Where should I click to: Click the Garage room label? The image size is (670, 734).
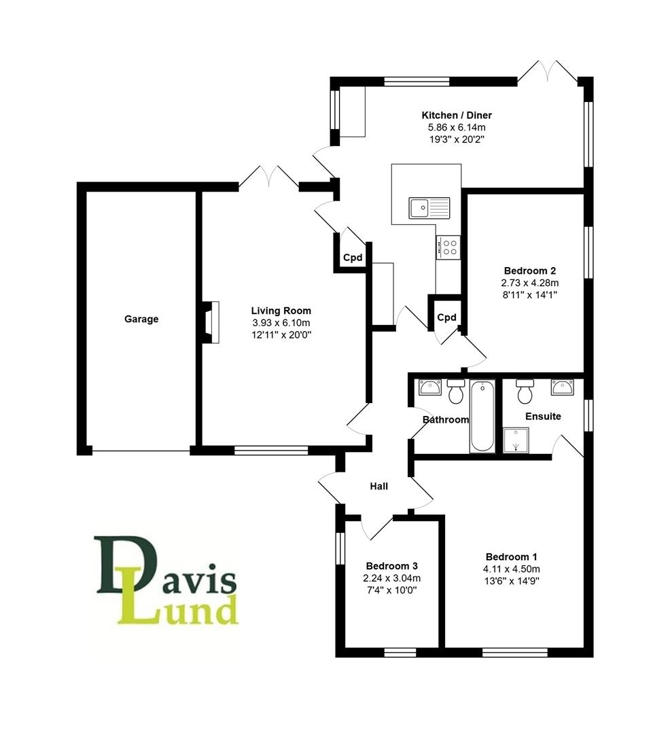tap(141, 319)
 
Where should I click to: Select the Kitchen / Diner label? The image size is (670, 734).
tap(457, 115)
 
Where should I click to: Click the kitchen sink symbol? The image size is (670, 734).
tap(429, 207)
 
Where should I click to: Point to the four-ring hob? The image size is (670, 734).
tap(448, 247)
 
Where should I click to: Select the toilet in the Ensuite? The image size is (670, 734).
tap(525, 391)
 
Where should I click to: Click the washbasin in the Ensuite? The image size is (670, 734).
tap(562, 387)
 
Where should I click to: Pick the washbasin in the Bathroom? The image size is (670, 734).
tap(430, 387)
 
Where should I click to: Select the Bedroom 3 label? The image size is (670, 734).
tap(391, 565)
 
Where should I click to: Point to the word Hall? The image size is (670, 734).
tap(378, 486)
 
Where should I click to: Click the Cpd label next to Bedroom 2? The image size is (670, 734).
tap(446, 317)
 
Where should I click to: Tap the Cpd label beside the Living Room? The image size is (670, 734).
tap(353, 258)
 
